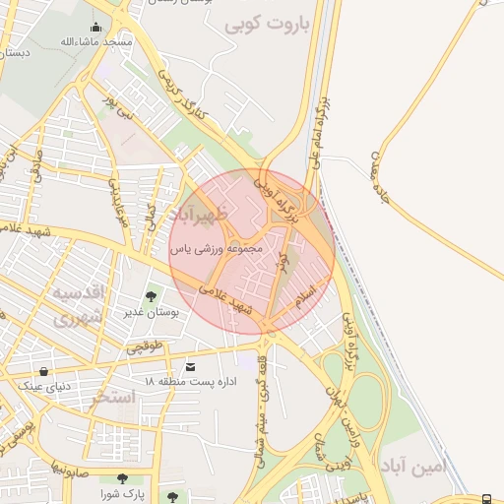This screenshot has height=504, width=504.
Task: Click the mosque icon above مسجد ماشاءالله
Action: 95,28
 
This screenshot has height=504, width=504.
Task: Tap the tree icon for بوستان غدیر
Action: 151,294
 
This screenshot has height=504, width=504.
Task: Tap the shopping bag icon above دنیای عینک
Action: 43,372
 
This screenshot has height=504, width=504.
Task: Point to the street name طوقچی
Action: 144,346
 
